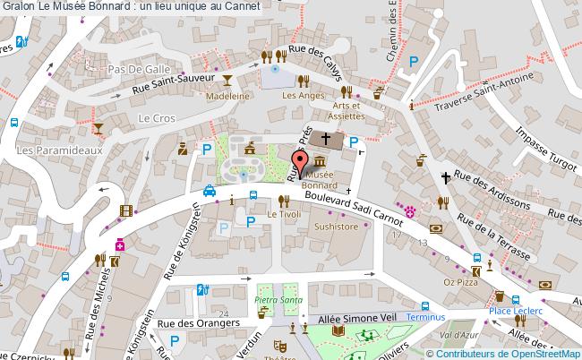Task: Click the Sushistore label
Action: pos(336,227)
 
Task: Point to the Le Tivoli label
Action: pos(285,214)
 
